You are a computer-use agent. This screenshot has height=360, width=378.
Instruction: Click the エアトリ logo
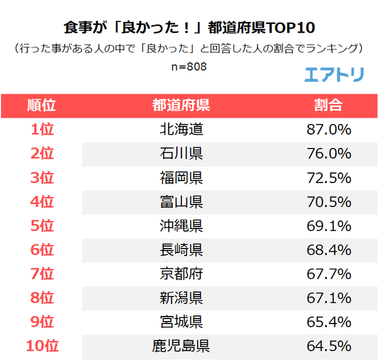(333, 74)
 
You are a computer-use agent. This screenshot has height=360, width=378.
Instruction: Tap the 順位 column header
(42, 104)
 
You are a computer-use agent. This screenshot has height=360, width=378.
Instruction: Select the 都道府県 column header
(181, 104)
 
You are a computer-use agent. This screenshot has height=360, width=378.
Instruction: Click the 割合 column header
(328, 104)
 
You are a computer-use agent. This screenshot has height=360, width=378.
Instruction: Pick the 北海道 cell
(181, 130)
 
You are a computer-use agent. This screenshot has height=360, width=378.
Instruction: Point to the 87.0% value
(328, 130)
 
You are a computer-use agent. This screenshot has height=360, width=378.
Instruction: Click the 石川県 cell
(181, 154)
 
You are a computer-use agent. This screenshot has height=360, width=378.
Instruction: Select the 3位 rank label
(42, 177)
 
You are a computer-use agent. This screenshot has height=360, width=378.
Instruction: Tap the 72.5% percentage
(328, 177)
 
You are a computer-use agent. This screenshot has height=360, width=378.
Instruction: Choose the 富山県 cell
(181, 201)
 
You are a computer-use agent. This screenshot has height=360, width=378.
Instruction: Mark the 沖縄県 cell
(181, 225)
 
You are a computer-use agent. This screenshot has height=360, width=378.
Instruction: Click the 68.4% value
(328, 250)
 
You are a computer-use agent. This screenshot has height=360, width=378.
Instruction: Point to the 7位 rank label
(42, 274)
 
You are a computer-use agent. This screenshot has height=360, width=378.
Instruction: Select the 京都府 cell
(181, 274)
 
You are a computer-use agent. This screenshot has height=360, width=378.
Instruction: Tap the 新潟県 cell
(181, 298)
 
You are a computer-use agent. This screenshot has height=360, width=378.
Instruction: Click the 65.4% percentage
(328, 322)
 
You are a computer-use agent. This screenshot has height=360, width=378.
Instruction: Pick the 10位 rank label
(42, 346)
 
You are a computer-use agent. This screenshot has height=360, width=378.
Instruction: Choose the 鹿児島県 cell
(181, 346)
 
